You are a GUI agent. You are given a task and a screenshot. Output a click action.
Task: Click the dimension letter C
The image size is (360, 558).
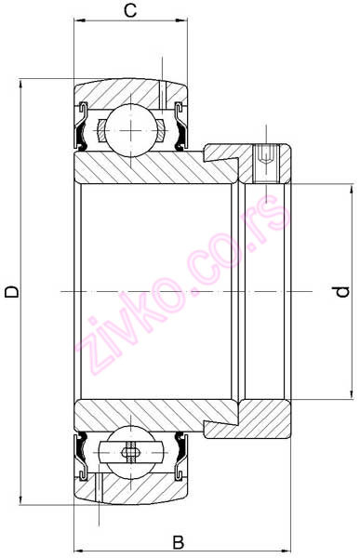point(131,12)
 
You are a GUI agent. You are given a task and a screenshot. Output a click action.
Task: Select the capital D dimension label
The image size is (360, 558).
point(12,292)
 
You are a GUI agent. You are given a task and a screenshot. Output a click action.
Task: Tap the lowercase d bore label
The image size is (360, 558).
point(342,291)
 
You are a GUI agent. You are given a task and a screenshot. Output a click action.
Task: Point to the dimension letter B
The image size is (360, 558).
point(179,541)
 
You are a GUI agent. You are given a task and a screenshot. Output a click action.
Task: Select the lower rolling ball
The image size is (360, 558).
point(130,455)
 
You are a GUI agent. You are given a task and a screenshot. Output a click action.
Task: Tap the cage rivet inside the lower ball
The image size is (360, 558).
point(130,455)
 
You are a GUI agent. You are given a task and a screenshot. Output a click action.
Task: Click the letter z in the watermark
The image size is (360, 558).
point(90,356)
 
